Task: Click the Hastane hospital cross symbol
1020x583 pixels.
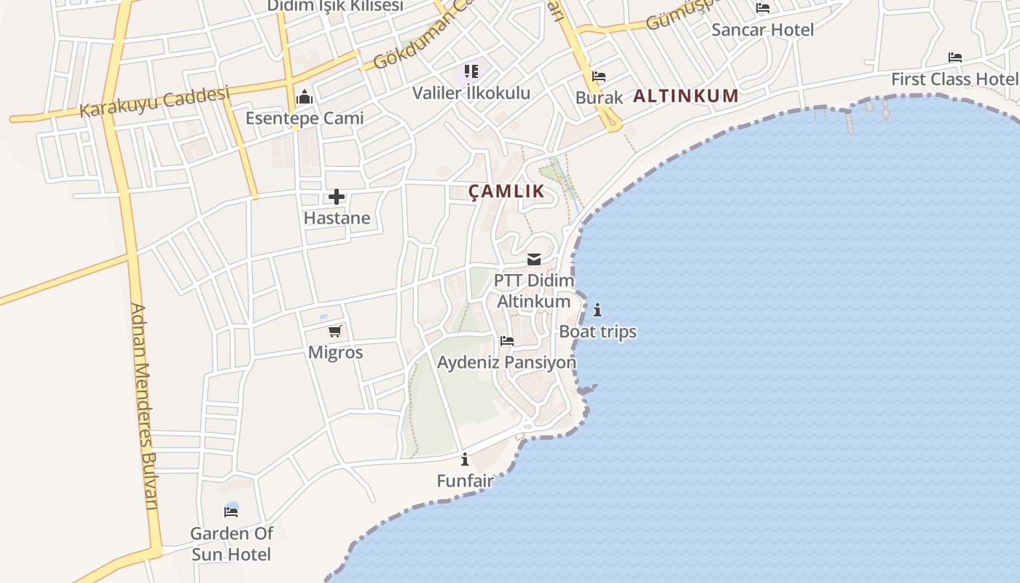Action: pos(337,197)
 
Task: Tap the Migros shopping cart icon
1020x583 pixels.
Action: pos(335,332)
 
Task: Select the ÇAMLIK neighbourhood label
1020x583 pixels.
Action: pos(506,192)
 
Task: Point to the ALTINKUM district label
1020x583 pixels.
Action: pos(686,95)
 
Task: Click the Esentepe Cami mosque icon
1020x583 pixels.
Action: pos(305,98)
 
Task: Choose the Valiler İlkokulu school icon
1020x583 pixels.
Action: pos(471,71)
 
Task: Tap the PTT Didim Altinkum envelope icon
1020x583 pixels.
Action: pos(534,259)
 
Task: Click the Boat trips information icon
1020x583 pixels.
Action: pos(597,310)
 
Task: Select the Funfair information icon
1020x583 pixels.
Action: pos(465,460)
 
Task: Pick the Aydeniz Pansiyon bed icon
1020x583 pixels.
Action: pos(507,341)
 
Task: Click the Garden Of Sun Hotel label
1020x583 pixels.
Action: pos(231,544)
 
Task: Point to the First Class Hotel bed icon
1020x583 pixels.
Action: pos(955,58)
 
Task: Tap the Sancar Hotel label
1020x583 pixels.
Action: pos(762,30)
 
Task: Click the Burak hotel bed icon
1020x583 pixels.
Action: pos(599,77)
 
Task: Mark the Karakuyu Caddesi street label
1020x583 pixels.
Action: pos(154,101)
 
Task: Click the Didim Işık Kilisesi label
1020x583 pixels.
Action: pos(334,6)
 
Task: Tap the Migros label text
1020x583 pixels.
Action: pos(335,353)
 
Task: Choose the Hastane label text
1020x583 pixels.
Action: pos(337,218)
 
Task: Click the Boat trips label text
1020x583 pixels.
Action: pos(597,332)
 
